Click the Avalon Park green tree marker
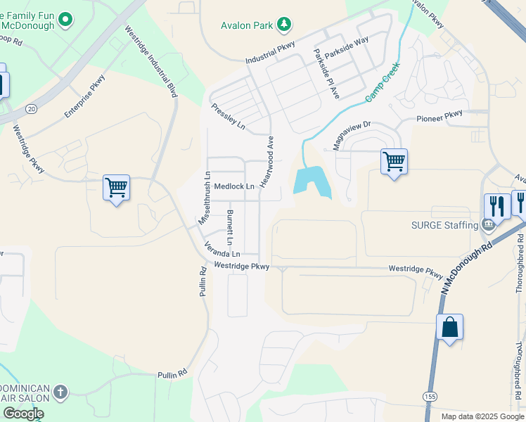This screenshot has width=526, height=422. [284, 25]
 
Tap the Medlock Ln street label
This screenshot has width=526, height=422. [234, 186]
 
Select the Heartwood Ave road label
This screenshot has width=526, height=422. [267, 161]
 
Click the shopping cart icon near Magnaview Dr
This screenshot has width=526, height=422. [394, 162]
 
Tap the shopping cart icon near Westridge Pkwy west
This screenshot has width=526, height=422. [116, 188]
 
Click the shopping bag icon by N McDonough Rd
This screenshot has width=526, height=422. [449, 327]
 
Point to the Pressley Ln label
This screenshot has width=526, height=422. [229, 117]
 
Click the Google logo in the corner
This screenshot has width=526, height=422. [23, 414]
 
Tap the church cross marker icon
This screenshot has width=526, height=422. [60, 392]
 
